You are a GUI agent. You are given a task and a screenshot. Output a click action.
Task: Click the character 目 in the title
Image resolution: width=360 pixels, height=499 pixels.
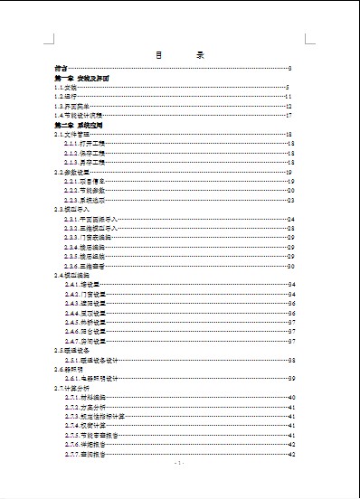click(x=158, y=55)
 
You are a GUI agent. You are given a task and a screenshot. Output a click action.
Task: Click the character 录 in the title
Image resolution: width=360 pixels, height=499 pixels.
click(x=200, y=55)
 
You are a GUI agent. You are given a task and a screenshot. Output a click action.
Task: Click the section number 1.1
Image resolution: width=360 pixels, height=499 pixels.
click(x=60, y=88)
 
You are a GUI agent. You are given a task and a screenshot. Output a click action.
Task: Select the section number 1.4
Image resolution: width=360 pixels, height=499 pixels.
click(x=60, y=116)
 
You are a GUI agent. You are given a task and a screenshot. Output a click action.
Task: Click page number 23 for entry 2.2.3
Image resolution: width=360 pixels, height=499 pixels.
click(x=291, y=200)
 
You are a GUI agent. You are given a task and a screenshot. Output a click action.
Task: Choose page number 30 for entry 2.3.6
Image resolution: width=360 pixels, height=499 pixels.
click(x=291, y=267)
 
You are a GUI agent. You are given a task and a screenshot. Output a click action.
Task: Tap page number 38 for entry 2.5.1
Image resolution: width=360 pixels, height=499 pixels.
click(x=291, y=360)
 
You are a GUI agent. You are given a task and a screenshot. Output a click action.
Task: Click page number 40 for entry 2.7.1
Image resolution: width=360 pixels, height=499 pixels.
click(x=291, y=398)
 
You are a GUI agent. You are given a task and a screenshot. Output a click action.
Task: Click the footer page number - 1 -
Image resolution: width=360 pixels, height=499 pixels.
click(x=179, y=464)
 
